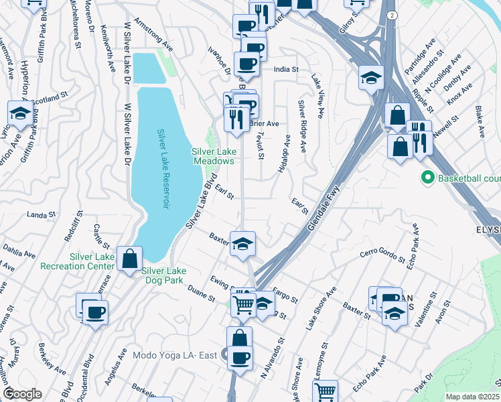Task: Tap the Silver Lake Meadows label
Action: (x=214, y=156)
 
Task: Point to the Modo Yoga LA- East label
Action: (x=175, y=354)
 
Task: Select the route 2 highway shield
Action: (x=390, y=14)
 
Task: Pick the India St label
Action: (x=285, y=68)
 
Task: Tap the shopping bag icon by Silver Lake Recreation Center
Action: (x=129, y=259)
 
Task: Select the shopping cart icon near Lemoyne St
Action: (x=326, y=391)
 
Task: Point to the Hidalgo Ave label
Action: (x=284, y=153)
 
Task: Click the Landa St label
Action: (x=40, y=214)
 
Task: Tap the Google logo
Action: (x=22, y=394)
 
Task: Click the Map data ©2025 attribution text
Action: (x=472, y=397)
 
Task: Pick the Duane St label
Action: (x=200, y=293)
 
